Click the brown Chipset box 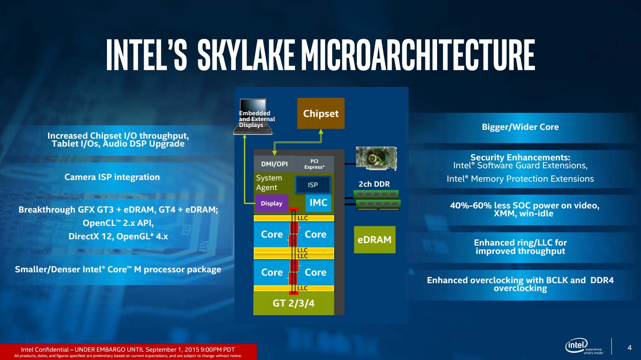point(321,114)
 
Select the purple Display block point(271,203)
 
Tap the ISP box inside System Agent point(313,185)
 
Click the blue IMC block point(318,203)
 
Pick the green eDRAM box point(374,240)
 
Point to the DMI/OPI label point(275,164)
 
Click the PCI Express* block point(314,164)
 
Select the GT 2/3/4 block point(294,303)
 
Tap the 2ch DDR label point(374,184)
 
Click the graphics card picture point(376,158)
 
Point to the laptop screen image point(253,117)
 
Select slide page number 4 point(630,347)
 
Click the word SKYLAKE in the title point(246,55)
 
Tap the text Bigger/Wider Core point(520,127)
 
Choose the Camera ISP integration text point(112,177)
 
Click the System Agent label point(269,183)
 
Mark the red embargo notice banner point(128,352)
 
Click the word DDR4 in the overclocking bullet point(602,280)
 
